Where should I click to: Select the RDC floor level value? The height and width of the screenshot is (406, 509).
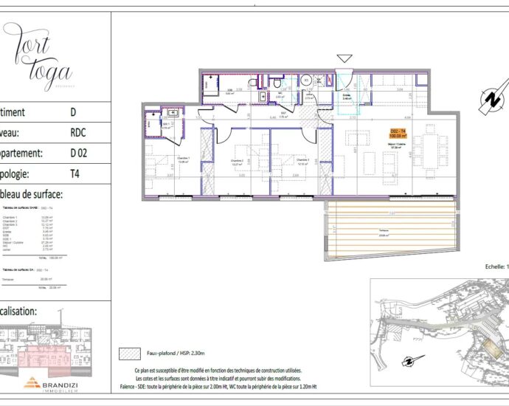77,134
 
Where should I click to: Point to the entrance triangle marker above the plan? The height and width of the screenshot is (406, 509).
344,58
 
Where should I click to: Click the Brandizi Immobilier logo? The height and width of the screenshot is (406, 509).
52,383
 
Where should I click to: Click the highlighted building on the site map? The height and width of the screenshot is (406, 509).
489,343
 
